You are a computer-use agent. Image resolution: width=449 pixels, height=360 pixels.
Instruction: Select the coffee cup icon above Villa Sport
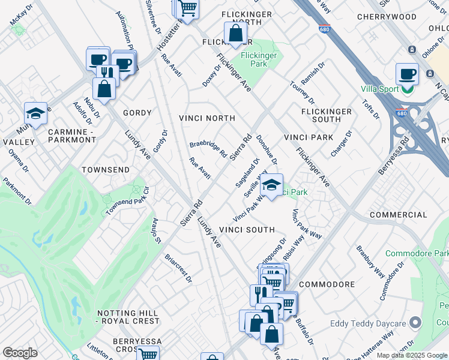click(407, 74)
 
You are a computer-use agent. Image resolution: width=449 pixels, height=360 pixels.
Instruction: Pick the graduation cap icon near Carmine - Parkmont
click(36, 113)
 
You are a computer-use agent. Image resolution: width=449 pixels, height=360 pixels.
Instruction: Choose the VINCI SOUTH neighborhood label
click(247, 230)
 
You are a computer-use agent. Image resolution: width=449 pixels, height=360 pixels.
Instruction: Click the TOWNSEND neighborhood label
click(105, 170)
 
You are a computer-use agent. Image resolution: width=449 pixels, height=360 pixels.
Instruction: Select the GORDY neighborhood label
click(137, 113)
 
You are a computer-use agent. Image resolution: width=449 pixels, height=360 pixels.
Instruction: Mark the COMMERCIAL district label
click(398, 215)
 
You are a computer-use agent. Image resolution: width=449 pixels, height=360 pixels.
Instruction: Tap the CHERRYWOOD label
click(386, 17)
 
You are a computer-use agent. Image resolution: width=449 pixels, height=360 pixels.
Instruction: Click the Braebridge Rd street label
click(208, 149)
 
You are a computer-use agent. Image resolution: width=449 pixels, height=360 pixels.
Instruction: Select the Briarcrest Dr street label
click(178, 268)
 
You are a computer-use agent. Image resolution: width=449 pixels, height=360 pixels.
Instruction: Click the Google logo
click(20, 353)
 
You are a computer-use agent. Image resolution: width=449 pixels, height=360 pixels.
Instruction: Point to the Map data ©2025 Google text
click(411, 355)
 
